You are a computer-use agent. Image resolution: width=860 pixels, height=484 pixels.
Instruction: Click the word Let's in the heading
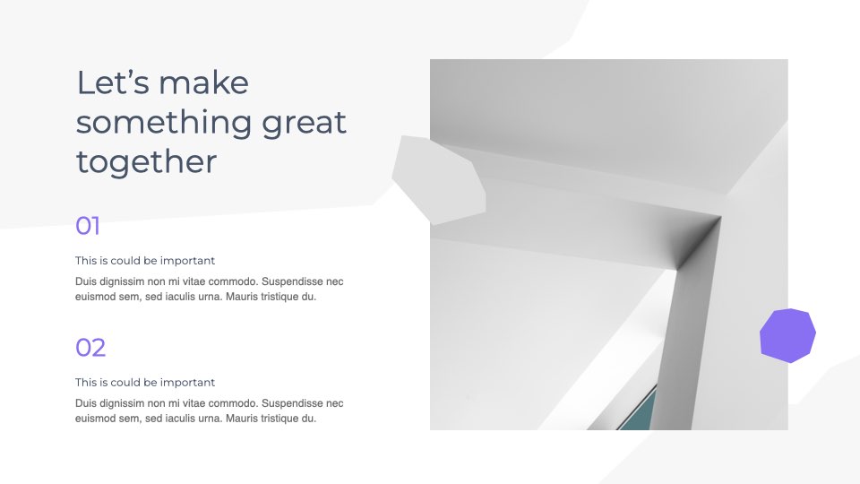point(113,82)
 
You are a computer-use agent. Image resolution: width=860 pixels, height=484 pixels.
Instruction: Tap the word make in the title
point(203,82)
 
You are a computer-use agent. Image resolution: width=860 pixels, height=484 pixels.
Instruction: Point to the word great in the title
point(304,123)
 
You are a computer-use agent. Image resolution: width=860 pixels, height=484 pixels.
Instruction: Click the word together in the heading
point(146,162)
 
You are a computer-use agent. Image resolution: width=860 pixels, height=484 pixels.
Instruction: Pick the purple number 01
point(88,226)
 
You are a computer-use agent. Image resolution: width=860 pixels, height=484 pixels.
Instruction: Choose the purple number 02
point(90,348)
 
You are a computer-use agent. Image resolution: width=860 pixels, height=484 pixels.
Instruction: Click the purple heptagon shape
point(787,335)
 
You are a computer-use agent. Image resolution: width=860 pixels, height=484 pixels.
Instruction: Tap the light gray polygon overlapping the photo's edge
point(440,179)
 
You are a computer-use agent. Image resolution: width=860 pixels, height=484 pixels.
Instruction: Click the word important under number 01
point(187,261)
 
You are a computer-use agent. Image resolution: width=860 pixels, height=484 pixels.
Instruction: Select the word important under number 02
point(187,383)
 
